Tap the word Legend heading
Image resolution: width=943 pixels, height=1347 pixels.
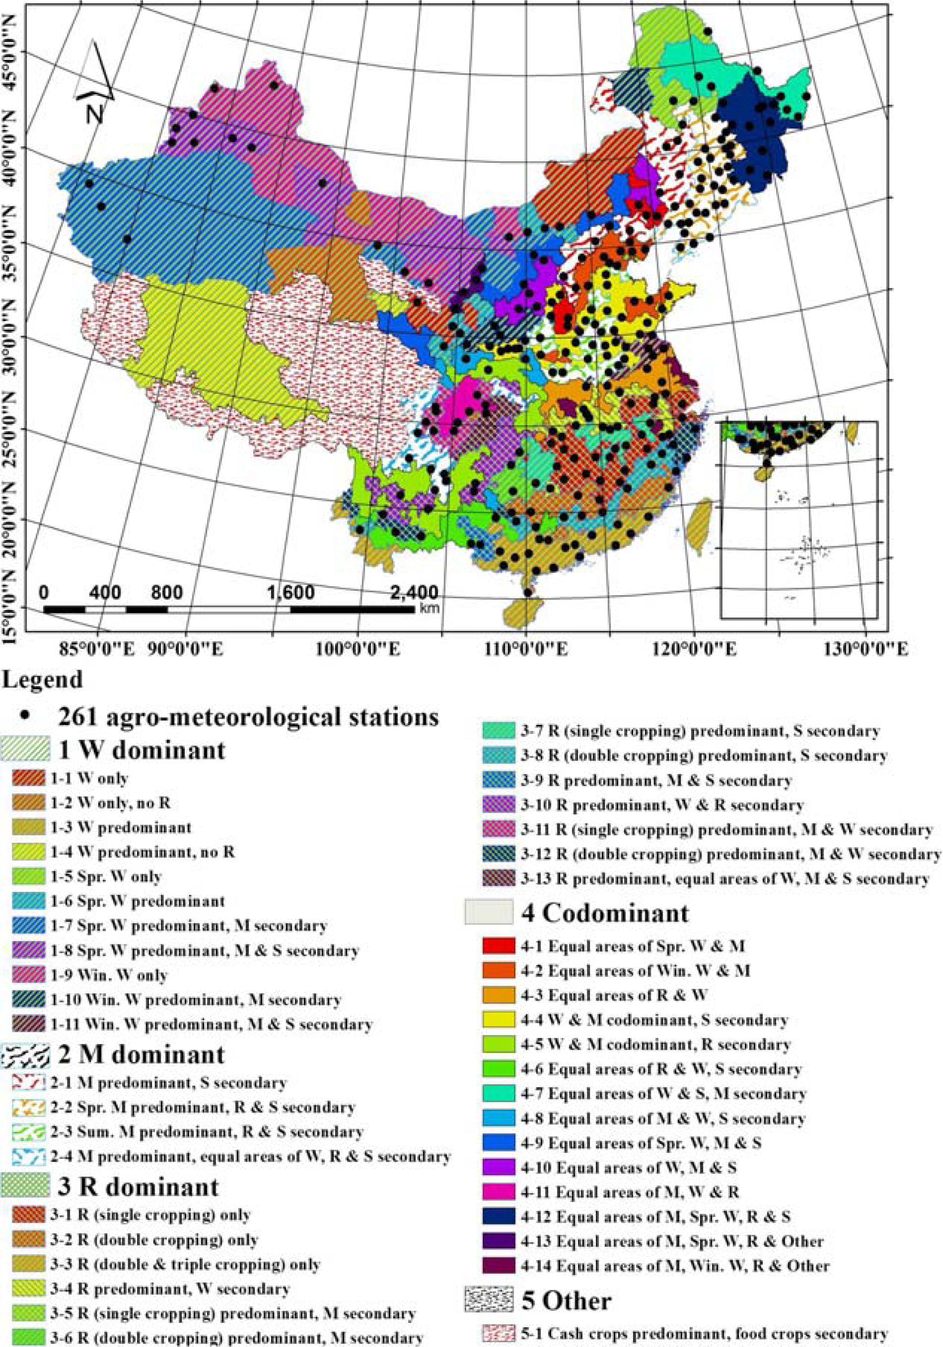click(42, 680)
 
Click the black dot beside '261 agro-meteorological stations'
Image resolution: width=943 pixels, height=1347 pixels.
click(25, 716)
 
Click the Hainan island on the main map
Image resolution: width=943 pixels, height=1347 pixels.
click(522, 613)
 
